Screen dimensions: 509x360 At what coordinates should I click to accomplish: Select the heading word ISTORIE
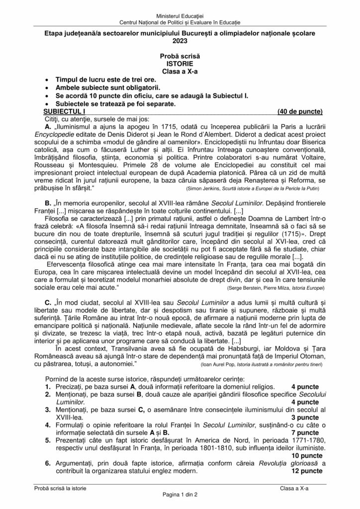click(x=180, y=64)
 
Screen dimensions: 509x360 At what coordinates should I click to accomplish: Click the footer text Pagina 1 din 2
click(x=180, y=495)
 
